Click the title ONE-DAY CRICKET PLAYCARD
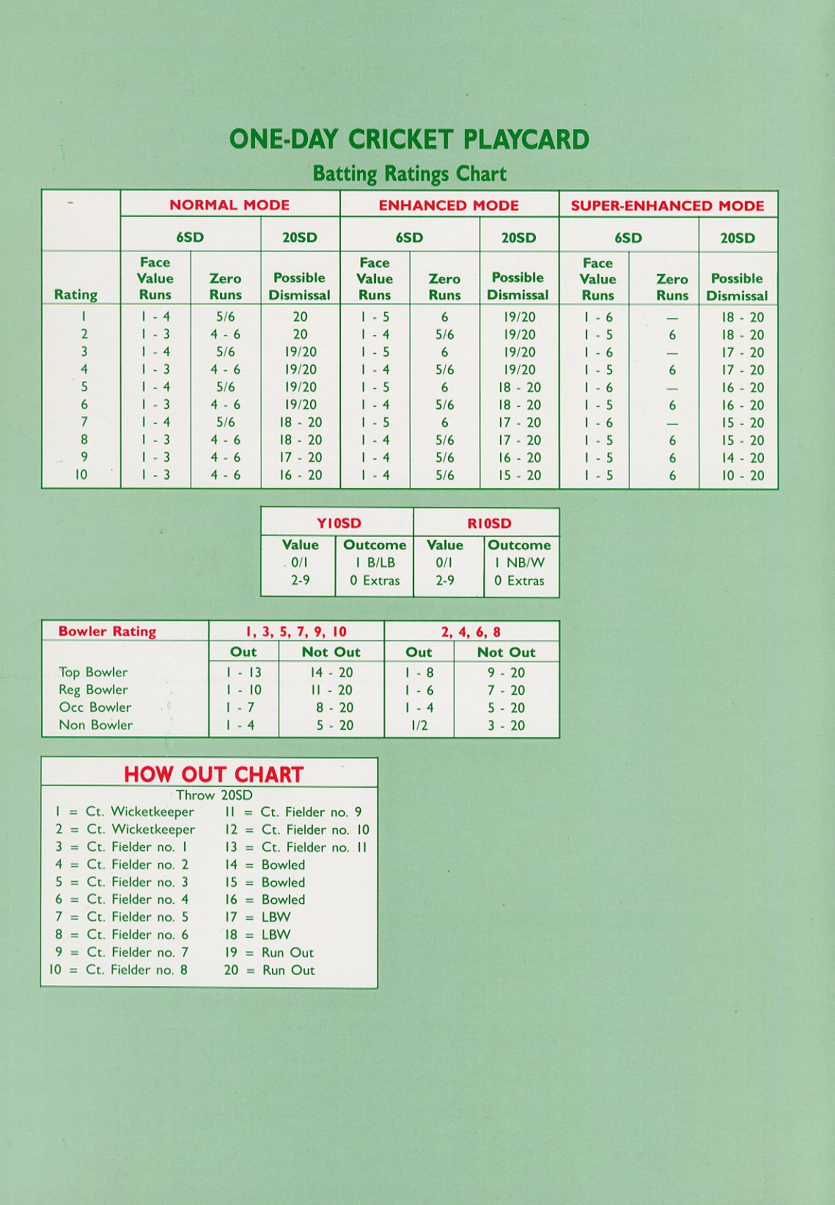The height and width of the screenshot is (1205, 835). click(409, 139)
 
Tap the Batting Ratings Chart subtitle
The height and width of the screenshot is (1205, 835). click(409, 174)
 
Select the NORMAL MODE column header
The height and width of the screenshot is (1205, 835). click(229, 205)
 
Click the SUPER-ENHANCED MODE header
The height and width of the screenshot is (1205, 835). click(667, 206)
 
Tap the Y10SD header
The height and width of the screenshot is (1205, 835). click(339, 523)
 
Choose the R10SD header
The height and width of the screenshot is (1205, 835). click(489, 523)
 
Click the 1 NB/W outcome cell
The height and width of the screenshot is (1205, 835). click(519, 563)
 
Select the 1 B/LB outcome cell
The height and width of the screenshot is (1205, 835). click(375, 563)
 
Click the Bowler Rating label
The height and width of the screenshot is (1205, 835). click(107, 631)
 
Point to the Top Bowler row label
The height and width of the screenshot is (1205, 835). click(93, 672)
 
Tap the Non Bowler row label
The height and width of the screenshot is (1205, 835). click(95, 725)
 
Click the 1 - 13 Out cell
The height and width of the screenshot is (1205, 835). click(243, 673)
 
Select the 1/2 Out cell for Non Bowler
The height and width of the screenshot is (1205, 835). click(419, 726)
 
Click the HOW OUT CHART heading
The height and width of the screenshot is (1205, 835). click(213, 774)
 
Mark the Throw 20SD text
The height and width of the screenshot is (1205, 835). click(214, 795)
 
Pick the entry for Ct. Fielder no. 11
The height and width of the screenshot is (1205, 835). click(295, 847)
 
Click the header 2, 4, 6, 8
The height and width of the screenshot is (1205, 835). click(471, 632)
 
